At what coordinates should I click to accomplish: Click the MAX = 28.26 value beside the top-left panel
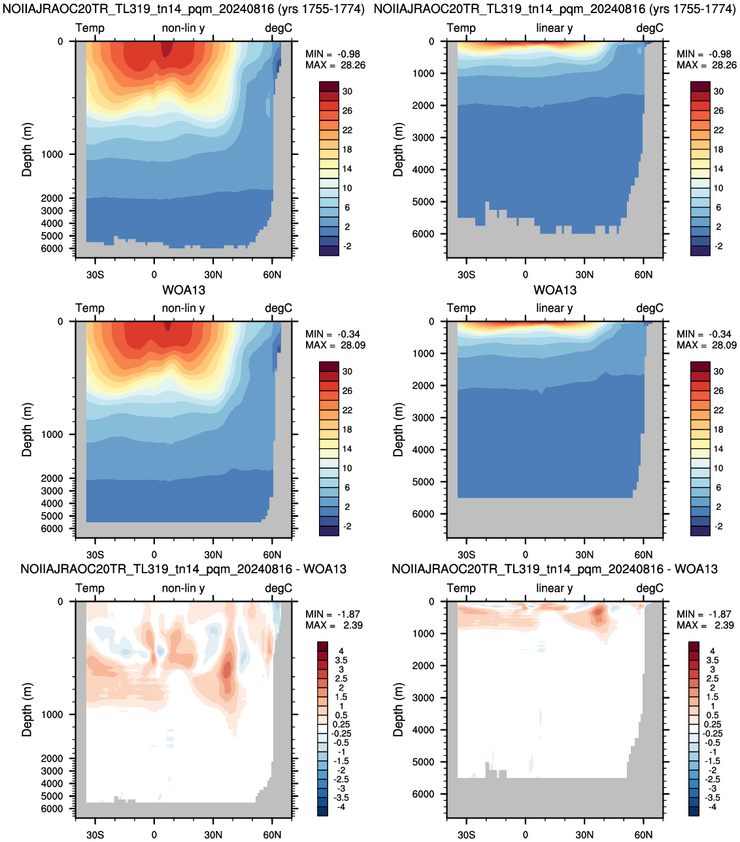335,65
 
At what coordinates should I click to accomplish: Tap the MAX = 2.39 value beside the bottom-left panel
334,626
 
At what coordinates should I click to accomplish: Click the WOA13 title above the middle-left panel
184,290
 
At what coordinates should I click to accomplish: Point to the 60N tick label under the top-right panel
643,275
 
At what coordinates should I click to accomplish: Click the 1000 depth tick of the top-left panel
52,154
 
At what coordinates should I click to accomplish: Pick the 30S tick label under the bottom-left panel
95,835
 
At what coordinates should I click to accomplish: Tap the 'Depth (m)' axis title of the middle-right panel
398,429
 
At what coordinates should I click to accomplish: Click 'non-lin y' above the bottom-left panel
183,588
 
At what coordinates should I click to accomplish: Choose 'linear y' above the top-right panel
554,28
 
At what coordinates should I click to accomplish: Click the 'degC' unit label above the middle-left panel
278,308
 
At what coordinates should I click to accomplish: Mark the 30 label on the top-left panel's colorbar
347,92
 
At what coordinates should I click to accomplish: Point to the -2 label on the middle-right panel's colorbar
718,526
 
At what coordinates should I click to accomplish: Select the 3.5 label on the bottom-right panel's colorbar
713,660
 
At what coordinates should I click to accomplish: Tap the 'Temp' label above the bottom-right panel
461,588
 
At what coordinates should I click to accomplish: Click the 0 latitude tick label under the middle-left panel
154,554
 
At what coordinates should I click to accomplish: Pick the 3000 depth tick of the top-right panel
423,137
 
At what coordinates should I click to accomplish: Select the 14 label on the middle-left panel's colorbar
347,449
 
